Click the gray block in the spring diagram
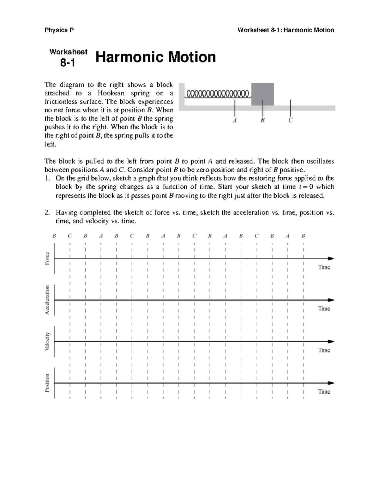pyautogui.click(x=262, y=94)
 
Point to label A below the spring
pyautogui.click(x=235, y=120)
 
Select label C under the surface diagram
pyautogui.click(x=291, y=120)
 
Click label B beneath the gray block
pyautogui.click(x=262, y=120)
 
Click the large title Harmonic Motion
pyautogui.click(x=155, y=57)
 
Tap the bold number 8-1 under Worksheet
pyautogui.click(x=68, y=63)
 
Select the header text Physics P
pyautogui.click(x=59, y=30)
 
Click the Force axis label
pyautogui.click(x=47, y=258)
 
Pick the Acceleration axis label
pyautogui.click(x=47, y=300)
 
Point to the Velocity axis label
pyautogui.click(x=47, y=341)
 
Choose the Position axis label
pyautogui.click(x=47, y=383)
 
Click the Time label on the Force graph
pyautogui.click(x=324, y=267)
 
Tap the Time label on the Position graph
pyautogui.click(x=324, y=392)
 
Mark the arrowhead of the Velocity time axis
pyautogui.click(x=331, y=341)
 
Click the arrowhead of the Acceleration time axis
pyautogui.click(x=331, y=300)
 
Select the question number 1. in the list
pyautogui.click(x=47, y=178)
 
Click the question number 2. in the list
pyautogui.click(x=47, y=213)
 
